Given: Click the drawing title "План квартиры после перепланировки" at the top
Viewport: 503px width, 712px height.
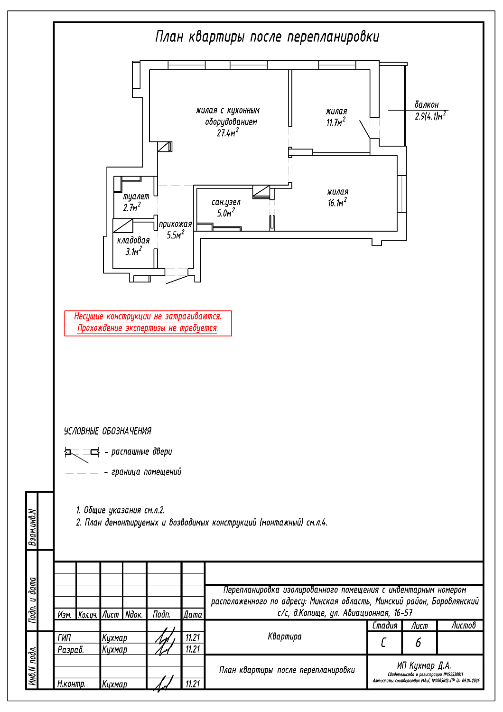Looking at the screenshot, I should pos(267,37).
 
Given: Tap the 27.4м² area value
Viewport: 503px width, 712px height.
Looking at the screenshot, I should pos(228,133).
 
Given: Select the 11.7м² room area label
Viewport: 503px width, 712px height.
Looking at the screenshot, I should pos(335,122).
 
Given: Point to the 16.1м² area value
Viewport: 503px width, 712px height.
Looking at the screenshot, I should pos(337,203).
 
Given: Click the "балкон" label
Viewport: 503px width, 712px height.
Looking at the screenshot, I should pos(427,104).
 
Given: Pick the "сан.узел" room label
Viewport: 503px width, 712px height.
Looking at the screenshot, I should pos(226,202).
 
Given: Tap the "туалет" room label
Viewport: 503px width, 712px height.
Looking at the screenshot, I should pos(136,196).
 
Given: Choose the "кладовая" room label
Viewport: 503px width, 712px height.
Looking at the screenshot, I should pos(133,240).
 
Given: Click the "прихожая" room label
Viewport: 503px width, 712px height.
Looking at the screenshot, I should pos(175,224).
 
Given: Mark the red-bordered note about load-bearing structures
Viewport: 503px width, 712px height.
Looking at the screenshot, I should pos(148,323).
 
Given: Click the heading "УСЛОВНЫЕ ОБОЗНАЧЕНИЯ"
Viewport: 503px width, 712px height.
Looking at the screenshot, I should pos(108,431).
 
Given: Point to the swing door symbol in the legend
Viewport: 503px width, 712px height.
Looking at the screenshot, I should pos(82,453).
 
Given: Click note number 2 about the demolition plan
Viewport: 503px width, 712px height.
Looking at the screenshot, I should pos(202,523).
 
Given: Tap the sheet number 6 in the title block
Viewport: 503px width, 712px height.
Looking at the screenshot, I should pos(418,643).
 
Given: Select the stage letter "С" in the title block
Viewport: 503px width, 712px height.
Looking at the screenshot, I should pos(383,643).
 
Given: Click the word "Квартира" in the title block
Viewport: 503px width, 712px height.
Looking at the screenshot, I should pos(285,637).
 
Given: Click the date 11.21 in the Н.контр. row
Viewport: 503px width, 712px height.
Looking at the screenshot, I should pos(193,684).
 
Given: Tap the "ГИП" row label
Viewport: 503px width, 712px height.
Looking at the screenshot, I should pos(64,637).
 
